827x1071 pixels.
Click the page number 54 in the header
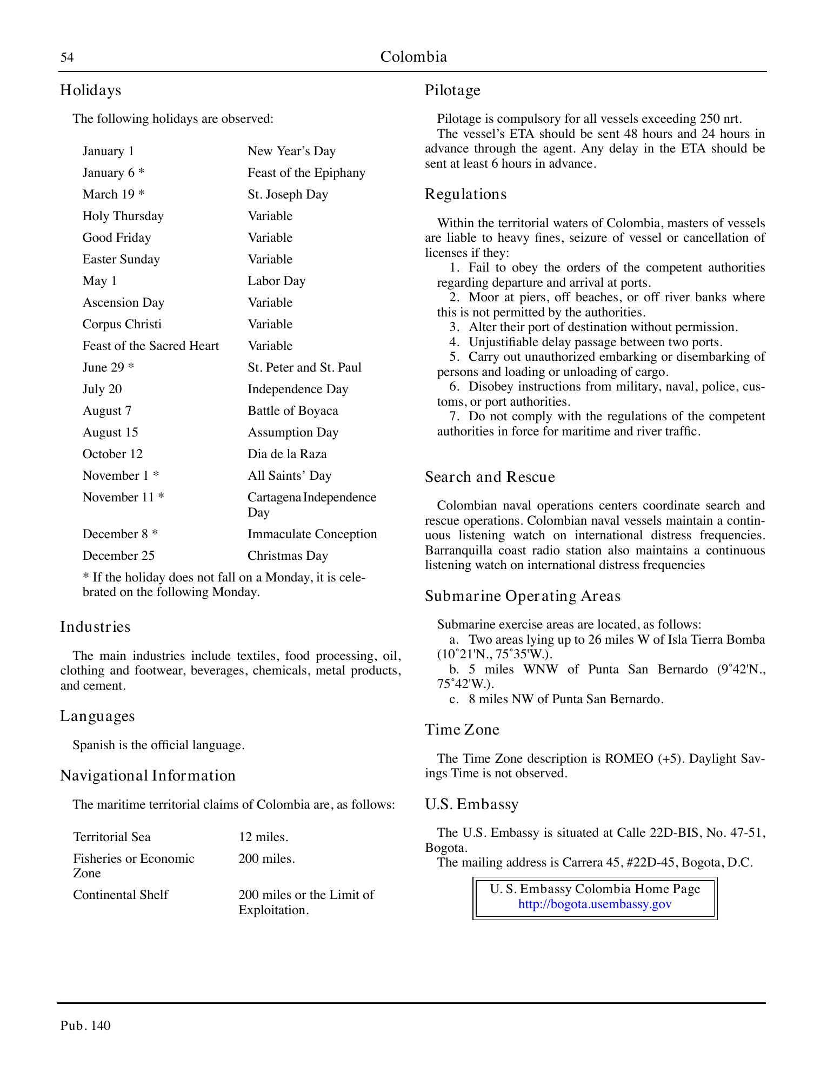(66, 57)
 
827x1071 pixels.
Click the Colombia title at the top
(413, 57)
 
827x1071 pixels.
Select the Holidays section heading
(90, 90)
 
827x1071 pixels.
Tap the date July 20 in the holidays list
(102, 389)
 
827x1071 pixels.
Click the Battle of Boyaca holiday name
(292, 411)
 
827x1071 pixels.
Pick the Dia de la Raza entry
(287, 454)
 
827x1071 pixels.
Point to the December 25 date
(118, 556)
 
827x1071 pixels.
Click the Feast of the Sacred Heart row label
(150, 346)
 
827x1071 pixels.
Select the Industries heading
(95, 627)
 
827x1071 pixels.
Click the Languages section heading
(97, 716)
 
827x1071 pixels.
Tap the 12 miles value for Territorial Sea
(263, 837)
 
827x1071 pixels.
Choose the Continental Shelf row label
(121, 895)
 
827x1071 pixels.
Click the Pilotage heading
(452, 90)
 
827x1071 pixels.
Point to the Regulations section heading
(465, 194)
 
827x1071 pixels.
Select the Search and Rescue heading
(490, 477)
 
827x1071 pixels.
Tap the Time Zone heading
(462, 730)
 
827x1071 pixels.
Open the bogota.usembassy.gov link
(595, 904)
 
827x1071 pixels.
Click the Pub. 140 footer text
(85, 1026)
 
